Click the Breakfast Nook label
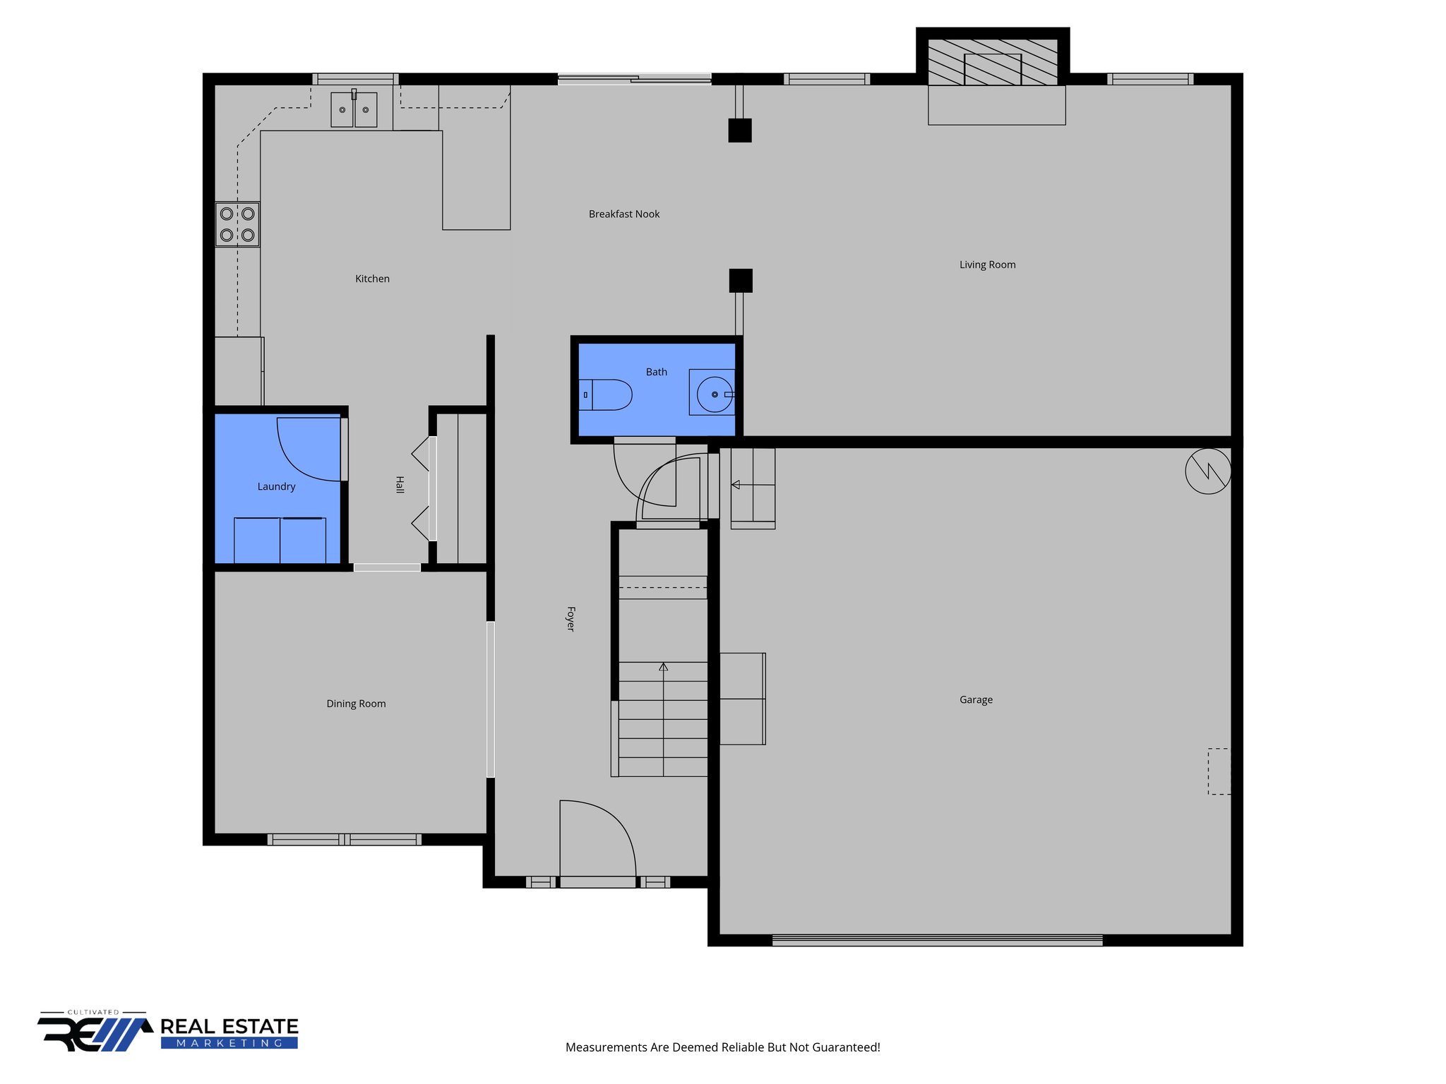(624, 214)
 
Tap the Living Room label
(987, 265)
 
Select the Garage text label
(976, 699)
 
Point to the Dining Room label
(356, 704)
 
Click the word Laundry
(276, 486)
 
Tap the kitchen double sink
(354, 110)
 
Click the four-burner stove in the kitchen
(237, 224)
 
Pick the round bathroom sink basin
(715, 394)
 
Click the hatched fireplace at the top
(992, 62)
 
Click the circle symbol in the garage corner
(1208, 471)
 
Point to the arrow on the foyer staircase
(663, 668)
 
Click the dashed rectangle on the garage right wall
(1219, 771)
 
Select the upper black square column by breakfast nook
(740, 131)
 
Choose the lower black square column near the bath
(741, 280)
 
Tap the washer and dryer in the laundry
(280, 540)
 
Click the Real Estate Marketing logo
(168, 1033)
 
